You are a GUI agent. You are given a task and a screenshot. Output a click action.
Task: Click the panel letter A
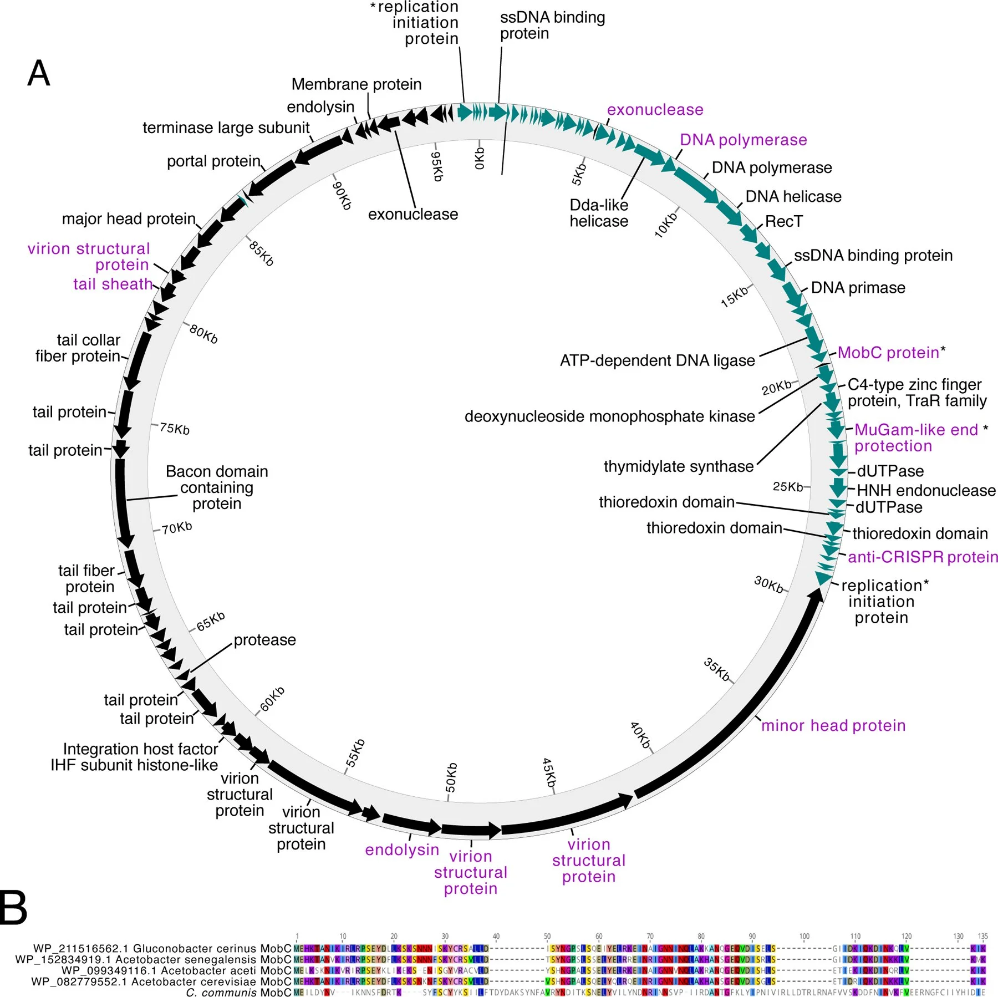tap(39, 73)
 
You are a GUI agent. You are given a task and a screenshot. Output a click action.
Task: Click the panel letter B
tap(13, 908)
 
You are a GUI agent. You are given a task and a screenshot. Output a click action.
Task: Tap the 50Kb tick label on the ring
tap(451, 777)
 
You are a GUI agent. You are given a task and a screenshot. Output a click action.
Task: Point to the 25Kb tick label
tap(788, 487)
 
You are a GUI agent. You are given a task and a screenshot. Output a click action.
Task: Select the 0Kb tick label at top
tap(480, 158)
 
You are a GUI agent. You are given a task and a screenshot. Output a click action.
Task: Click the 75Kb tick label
tap(175, 429)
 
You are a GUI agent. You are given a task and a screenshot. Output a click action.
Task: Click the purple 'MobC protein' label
tap(888, 353)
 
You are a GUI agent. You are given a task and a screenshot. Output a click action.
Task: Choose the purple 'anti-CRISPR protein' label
tap(923, 557)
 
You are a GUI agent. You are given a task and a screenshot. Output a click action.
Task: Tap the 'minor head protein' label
tap(833, 725)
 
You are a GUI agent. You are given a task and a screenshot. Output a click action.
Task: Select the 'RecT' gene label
tap(783, 221)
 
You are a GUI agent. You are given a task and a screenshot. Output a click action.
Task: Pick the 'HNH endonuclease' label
tap(926, 490)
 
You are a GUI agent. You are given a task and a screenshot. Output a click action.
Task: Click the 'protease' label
tap(264, 640)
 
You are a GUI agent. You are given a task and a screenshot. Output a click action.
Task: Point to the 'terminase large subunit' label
tap(226, 128)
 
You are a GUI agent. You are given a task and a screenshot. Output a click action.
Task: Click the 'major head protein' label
tap(129, 219)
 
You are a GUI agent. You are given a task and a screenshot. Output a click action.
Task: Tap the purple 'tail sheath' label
tap(113, 284)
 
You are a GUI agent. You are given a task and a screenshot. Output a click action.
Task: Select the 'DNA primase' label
tap(858, 288)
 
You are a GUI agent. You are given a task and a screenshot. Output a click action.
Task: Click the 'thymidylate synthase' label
tap(678, 466)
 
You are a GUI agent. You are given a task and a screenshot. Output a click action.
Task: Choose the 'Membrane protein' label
tap(356, 84)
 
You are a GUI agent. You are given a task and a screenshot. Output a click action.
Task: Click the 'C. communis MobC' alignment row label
tap(238, 992)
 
